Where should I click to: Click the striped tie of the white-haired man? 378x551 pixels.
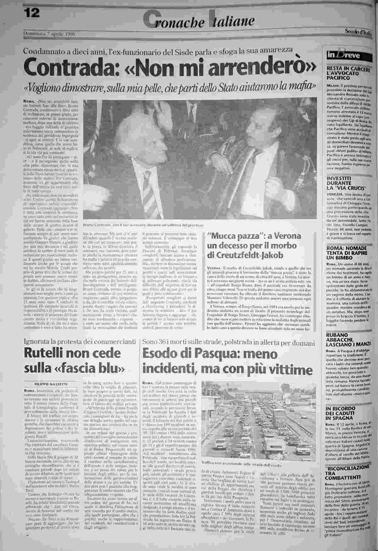(150, 192)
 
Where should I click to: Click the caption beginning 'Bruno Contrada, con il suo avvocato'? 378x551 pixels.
(143, 225)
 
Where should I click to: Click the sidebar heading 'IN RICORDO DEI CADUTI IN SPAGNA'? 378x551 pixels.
(342, 413)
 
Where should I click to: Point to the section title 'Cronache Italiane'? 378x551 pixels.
(198, 19)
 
